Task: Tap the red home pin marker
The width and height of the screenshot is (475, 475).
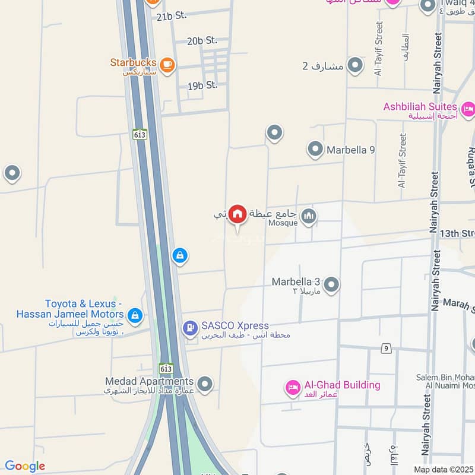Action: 237,214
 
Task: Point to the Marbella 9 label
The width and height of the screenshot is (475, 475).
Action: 350,150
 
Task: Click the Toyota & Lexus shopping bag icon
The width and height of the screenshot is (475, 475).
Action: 136,315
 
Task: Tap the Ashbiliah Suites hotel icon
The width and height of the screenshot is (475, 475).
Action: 468,109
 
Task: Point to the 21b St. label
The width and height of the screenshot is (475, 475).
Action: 172,16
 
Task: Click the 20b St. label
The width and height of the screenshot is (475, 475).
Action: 202,41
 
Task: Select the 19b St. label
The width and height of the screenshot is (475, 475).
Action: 202,85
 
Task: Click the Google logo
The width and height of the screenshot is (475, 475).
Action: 25,466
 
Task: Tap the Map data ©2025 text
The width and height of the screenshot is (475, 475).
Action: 443,469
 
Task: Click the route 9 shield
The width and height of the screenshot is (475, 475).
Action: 387,349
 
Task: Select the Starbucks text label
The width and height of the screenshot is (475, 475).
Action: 133,62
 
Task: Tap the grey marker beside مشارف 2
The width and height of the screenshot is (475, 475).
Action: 355,65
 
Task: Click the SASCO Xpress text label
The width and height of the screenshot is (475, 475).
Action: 235,326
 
